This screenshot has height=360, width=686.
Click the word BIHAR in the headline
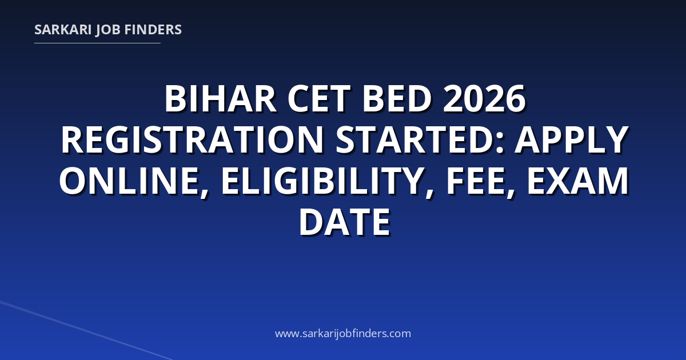221,99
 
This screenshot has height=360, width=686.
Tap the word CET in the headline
319,99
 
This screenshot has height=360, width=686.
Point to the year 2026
484,99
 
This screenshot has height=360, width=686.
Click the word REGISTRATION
192,139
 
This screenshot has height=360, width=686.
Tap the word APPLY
572,139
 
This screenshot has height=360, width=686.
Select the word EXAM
577,181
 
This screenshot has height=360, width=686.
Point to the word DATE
345,222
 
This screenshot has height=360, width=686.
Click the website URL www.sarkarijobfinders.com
343,333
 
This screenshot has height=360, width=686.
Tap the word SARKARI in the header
63,30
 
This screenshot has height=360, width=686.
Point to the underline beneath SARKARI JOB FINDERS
97,43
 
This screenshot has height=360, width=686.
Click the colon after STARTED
500,143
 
